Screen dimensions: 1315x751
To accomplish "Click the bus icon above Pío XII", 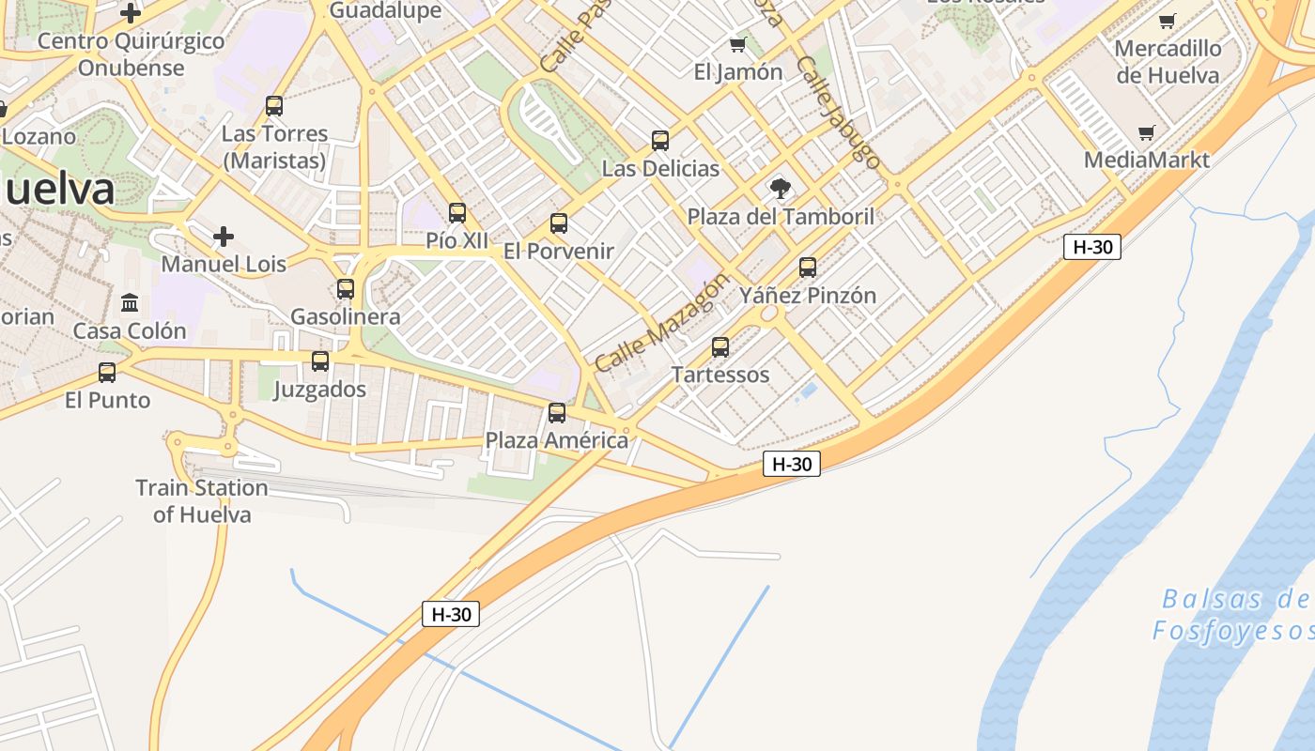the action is [x=457, y=213].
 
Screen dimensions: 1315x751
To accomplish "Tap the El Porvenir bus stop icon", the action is [x=559, y=223].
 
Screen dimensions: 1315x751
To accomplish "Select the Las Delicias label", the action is [x=660, y=169].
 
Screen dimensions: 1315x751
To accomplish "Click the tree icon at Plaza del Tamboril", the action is [x=780, y=189].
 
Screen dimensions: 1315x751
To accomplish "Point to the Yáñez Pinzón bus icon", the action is [x=808, y=268].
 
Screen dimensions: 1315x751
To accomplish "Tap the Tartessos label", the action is [x=720, y=375].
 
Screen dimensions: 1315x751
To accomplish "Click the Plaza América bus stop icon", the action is [x=557, y=413].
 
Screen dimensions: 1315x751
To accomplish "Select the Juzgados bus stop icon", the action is [x=320, y=361].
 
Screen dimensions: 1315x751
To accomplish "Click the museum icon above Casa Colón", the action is [x=130, y=303].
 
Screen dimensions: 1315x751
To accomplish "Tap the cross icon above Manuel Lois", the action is [x=224, y=236].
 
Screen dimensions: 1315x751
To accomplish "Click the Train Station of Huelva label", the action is [x=202, y=501].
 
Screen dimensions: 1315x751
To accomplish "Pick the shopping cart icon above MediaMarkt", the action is [x=1146, y=133].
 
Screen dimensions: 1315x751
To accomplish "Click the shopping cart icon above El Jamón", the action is [x=737, y=45].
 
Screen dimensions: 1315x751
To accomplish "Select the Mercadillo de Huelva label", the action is [x=1168, y=62].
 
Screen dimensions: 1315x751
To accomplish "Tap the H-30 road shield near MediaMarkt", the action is [x=1092, y=247].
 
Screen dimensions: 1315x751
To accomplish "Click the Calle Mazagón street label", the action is [x=662, y=323].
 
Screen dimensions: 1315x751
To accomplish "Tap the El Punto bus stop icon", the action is [x=107, y=373].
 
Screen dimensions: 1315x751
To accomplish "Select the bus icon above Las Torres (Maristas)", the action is [x=274, y=106].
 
